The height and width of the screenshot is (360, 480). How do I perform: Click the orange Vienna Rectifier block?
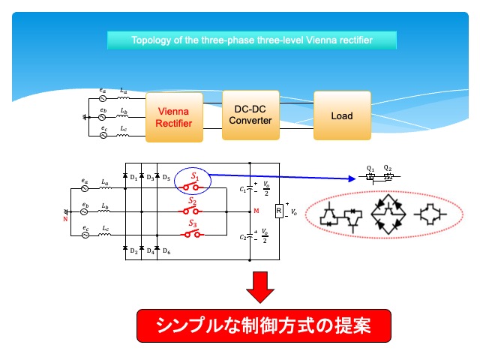pyautogui.click(x=174, y=118)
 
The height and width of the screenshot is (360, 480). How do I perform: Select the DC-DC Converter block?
pyautogui.click(x=250, y=115)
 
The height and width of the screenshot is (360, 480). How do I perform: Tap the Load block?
pyautogui.click(x=341, y=116)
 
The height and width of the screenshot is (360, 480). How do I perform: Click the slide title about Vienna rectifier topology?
pyautogui.click(x=251, y=40)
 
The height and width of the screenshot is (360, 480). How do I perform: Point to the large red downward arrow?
pyautogui.click(x=259, y=286)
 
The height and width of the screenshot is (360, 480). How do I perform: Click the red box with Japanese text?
pyautogui.click(x=263, y=325)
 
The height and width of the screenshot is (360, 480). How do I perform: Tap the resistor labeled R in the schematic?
pyautogui.click(x=279, y=211)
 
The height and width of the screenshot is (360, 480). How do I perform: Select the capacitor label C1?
pyautogui.click(x=242, y=190)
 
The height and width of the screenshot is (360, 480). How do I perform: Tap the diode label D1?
pyautogui.click(x=133, y=178)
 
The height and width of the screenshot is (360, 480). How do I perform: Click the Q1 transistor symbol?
pyautogui.click(x=370, y=178)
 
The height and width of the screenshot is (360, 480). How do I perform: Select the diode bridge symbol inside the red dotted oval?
pyautogui.click(x=388, y=215)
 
